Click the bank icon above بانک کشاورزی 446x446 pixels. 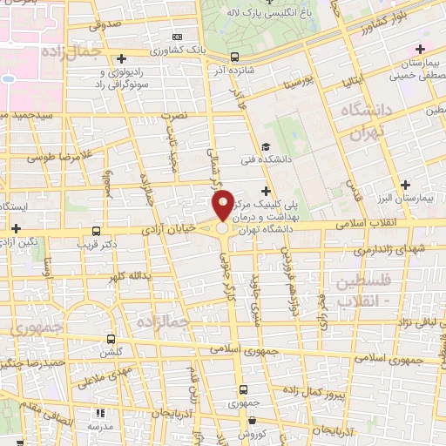tap(178, 37)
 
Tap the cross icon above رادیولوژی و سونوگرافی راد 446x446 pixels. tap(125, 57)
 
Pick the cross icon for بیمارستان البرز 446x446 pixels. tap(405, 185)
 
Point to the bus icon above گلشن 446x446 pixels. tap(110, 339)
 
